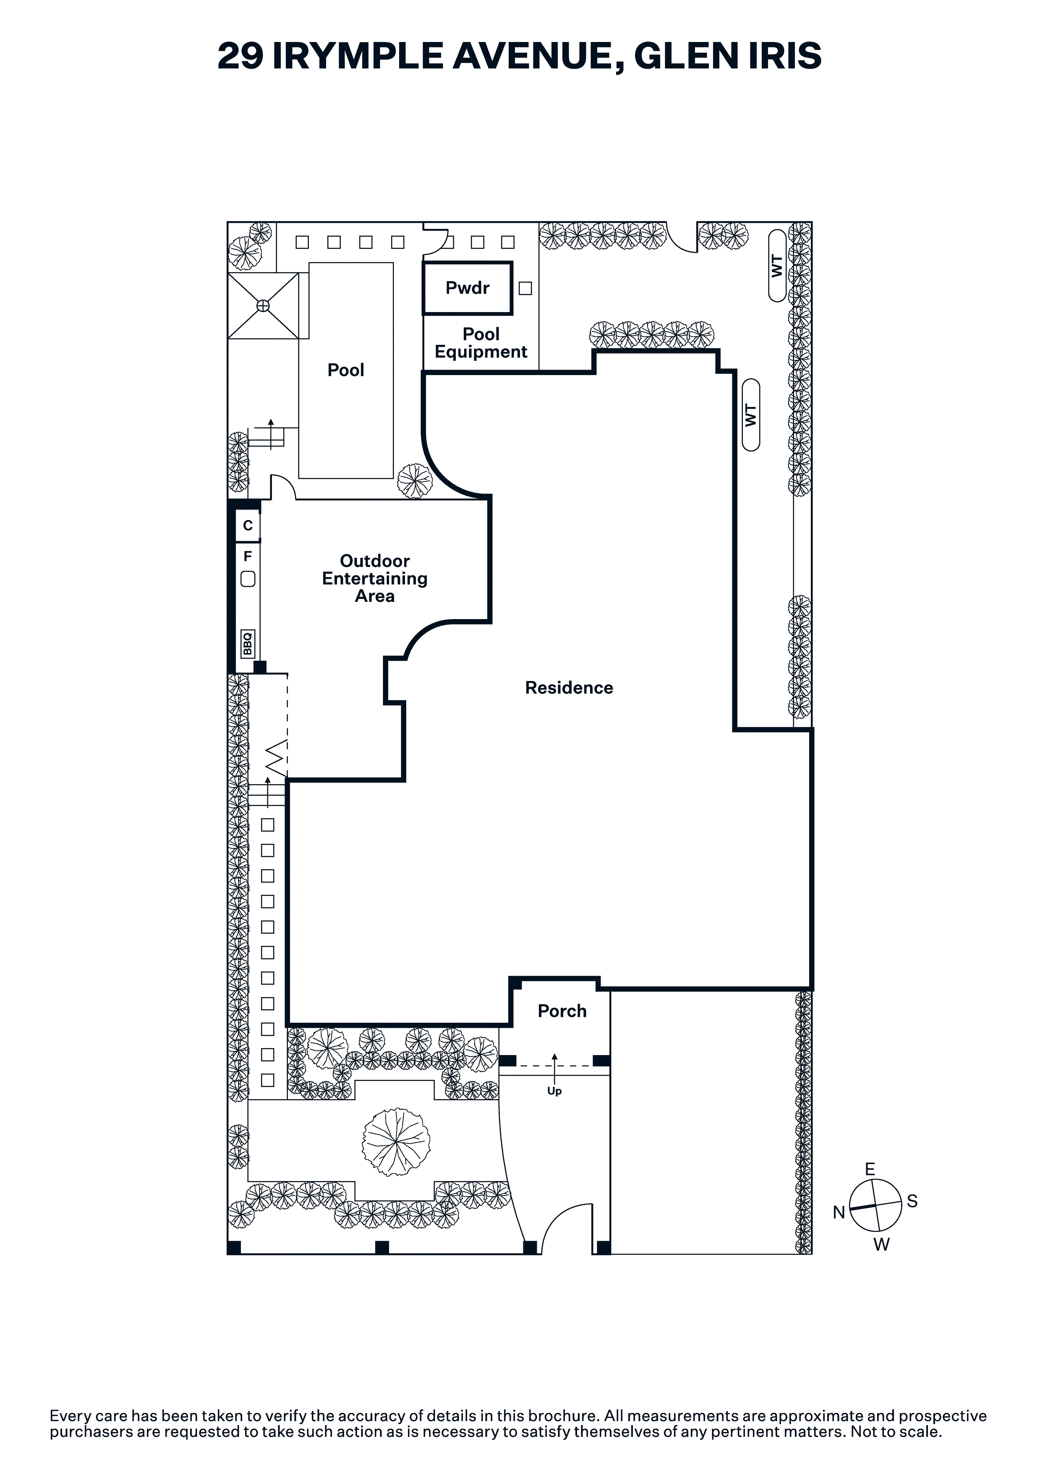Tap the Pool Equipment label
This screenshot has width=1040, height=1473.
click(x=481, y=343)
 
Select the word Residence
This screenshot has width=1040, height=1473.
click(x=569, y=688)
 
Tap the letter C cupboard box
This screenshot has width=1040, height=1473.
click(x=248, y=525)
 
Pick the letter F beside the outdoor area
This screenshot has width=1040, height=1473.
click(x=248, y=556)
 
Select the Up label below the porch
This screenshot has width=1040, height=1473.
click(x=554, y=1091)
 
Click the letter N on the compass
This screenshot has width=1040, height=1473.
click(x=839, y=1213)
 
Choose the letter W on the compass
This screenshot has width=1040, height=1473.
click(x=882, y=1245)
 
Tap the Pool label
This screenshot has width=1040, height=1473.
click(x=345, y=370)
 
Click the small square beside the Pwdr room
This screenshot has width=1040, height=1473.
click(x=525, y=289)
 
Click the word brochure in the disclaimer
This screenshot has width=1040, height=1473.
click(x=554, y=1416)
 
